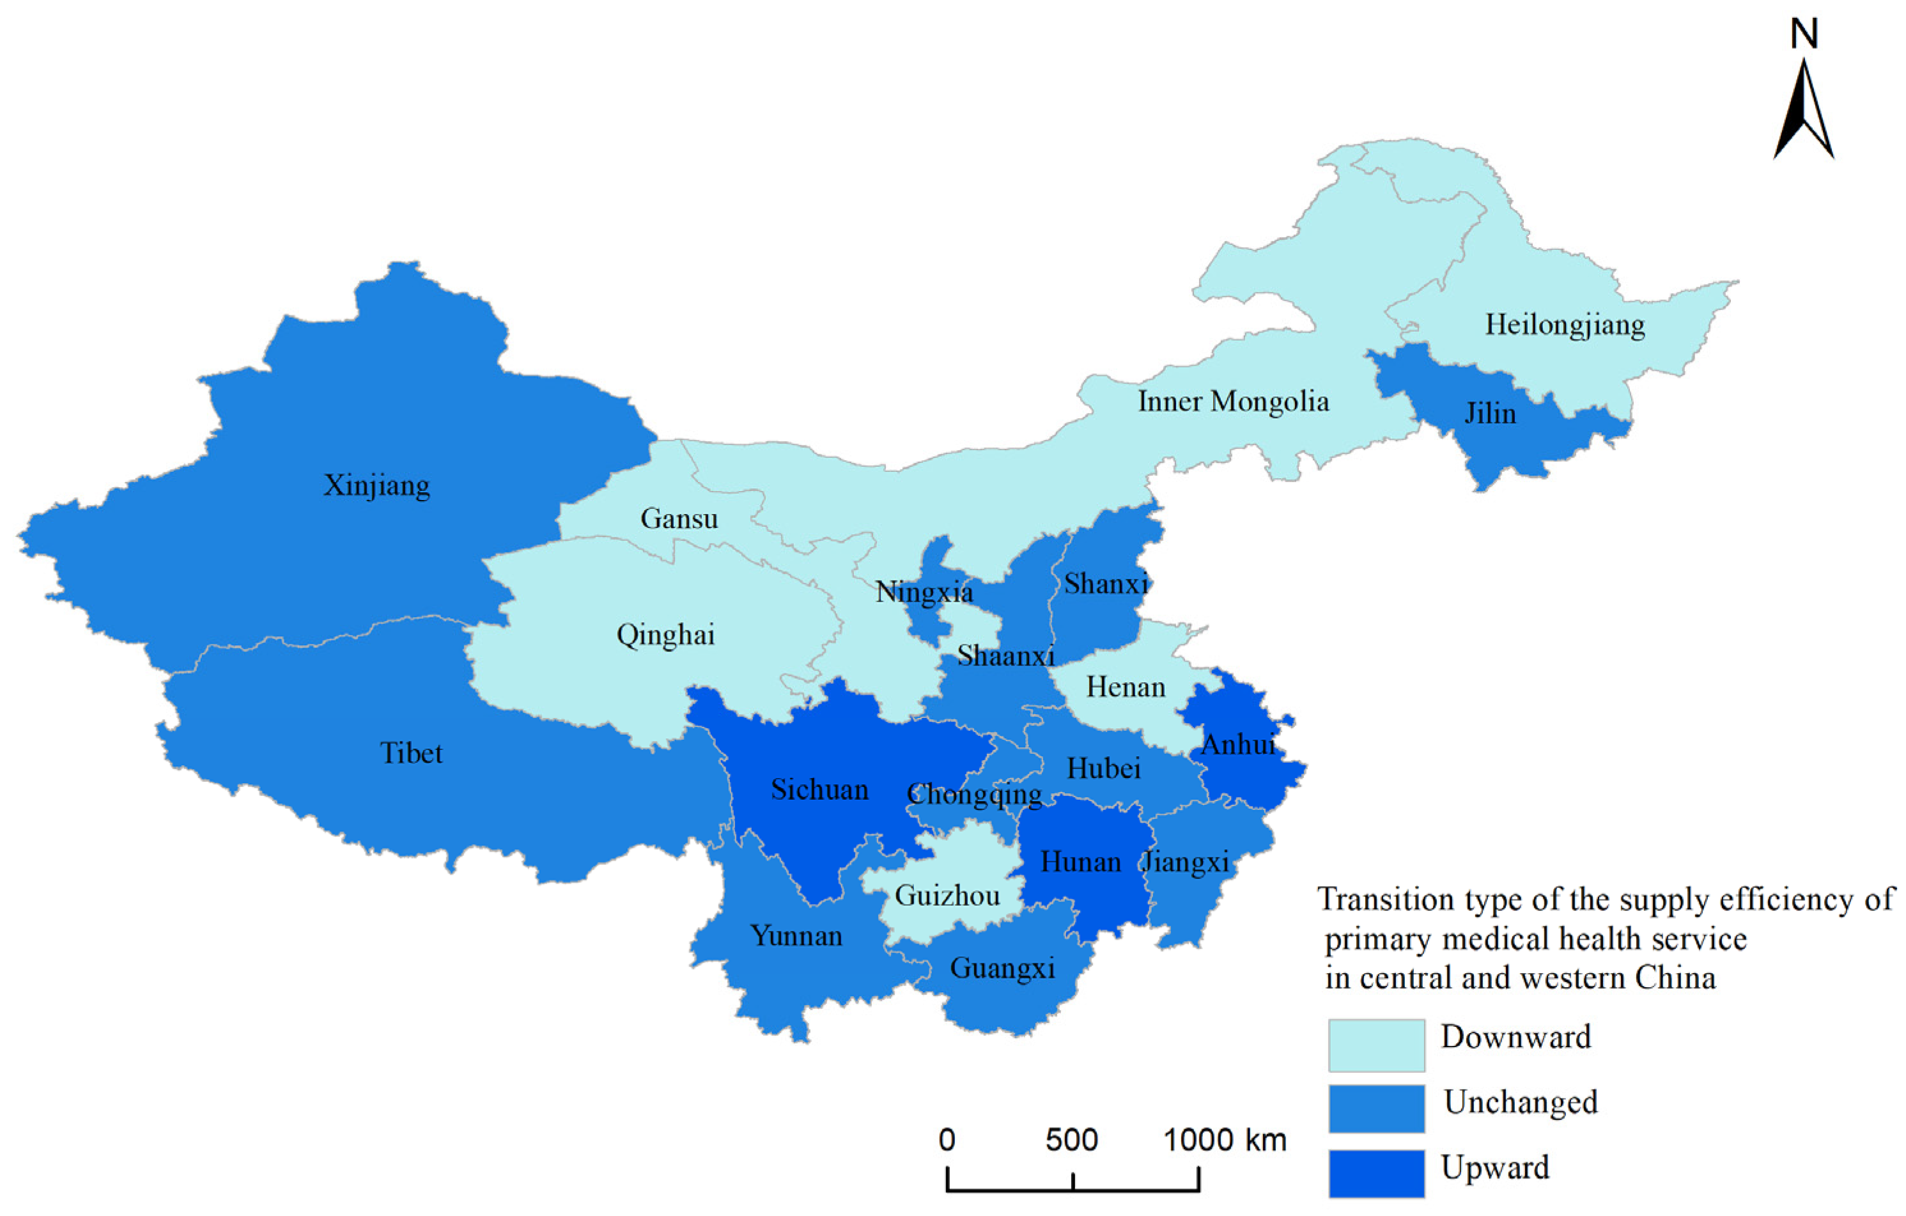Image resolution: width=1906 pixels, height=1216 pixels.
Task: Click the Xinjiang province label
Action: coord(376,485)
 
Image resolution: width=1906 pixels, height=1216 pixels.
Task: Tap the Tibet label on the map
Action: coord(411,753)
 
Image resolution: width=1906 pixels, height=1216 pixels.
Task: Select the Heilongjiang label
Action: coord(1565,325)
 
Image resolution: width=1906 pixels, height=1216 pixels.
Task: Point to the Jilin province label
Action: coord(1491,413)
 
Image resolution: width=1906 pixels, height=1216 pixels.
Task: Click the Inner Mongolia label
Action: coord(1233,401)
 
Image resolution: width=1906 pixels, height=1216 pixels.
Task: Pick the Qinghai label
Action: coord(665,635)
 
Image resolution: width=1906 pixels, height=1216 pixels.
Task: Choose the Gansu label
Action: coord(679,518)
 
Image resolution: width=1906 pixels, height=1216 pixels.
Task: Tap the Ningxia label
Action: coord(924,592)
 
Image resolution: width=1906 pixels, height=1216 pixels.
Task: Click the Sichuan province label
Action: coord(819,790)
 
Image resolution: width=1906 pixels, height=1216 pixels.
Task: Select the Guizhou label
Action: coord(947,896)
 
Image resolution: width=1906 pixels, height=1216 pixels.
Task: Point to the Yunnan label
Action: coord(796,936)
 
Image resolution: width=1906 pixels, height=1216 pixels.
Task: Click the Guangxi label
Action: coord(1002,968)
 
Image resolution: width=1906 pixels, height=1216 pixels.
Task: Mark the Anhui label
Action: coord(1239,744)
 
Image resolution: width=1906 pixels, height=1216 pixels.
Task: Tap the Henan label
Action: coord(1126,687)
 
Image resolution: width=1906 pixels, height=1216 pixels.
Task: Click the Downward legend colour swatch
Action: coord(1377,1045)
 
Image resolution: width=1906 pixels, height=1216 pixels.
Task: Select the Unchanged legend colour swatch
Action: coord(1377,1109)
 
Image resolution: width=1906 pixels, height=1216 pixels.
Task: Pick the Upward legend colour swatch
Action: coord(1377,1173)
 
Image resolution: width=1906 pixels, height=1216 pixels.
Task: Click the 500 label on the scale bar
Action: coord(1071,1140)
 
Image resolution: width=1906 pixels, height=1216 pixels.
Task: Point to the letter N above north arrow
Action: coord(1804,34)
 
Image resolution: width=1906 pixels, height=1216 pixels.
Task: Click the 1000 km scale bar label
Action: coord(1225,1140)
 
